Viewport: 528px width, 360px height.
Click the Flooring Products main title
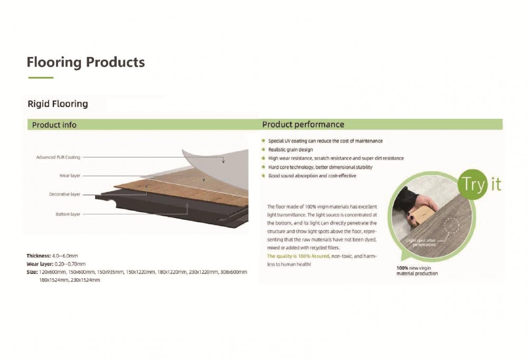point(86,62)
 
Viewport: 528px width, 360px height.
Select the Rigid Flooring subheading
point(58,103)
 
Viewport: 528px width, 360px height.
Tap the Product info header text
point(54,125)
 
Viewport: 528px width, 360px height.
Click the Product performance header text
point(303,124)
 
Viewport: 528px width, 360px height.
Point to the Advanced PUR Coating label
point(58,157)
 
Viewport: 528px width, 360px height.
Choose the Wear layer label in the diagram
point(70,175)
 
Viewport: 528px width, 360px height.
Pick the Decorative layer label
point(64,194)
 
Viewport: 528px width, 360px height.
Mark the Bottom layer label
point(68,214)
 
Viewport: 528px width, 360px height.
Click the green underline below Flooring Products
point(41,78)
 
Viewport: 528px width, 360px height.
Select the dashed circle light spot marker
point(451,225)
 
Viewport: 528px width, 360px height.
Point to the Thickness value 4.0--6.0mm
point(65,256)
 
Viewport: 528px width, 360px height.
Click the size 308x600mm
point(233,272)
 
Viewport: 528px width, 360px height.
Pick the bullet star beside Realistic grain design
point(263,149)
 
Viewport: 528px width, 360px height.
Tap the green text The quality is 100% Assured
point(298,257)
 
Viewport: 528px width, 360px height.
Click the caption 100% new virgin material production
point(417,271)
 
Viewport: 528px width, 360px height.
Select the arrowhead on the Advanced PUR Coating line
point(223,162)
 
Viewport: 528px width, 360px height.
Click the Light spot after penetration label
point(421,242)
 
